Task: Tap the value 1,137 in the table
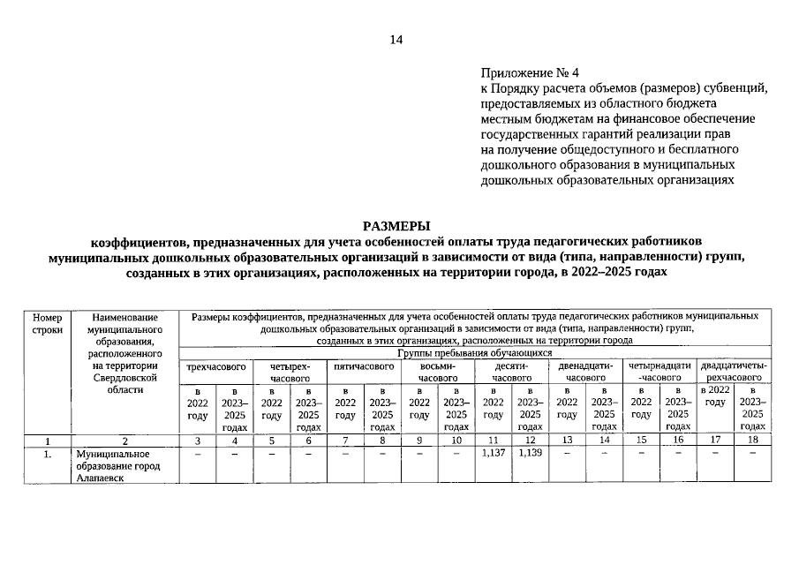(494, 453)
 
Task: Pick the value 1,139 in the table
(530, 453)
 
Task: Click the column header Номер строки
(48, 322)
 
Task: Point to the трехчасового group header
(215, 365)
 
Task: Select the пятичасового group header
(363, 365)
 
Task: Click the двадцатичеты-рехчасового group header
(733, 372)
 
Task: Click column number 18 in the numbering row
(751, 440)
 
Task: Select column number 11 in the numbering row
(494, 440)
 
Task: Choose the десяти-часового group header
(511, 372)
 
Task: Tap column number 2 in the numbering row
(124, 440)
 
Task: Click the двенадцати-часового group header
(585, 372)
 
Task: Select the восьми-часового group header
(437, 372)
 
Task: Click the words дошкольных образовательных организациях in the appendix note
(607, 179)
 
